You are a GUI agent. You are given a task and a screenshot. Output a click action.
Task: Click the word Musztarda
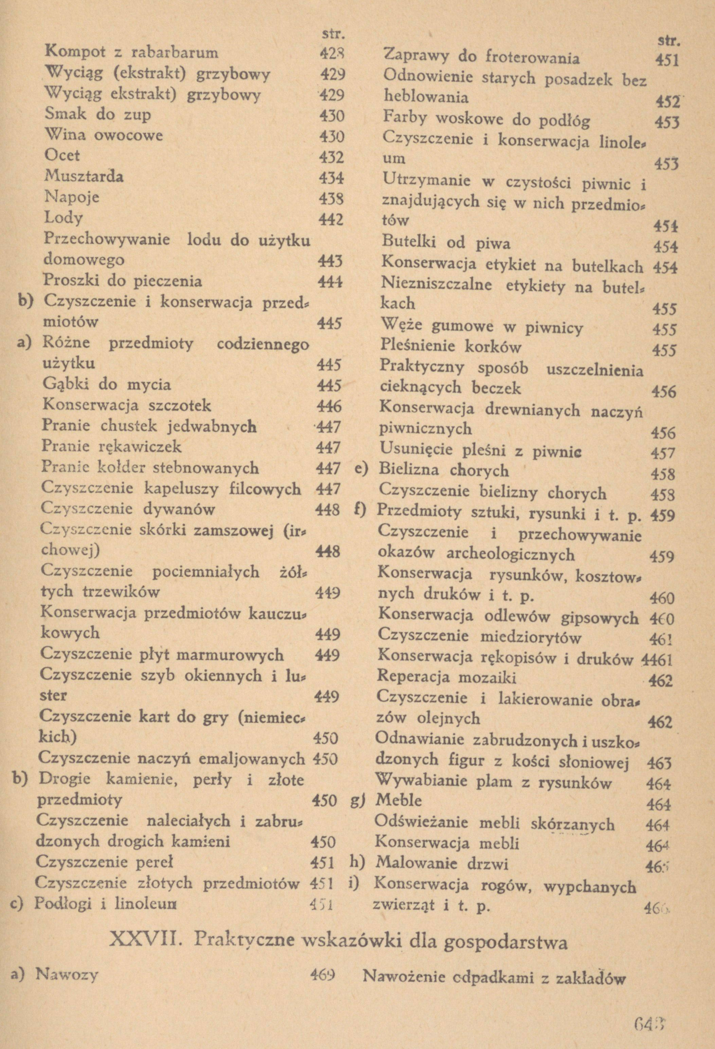(x=84, y=176)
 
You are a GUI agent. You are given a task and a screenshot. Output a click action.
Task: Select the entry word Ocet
(x=62, y=155)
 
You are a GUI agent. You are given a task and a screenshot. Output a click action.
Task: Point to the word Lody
(x=64, y=218)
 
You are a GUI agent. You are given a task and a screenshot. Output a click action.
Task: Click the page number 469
(x=322, y=976)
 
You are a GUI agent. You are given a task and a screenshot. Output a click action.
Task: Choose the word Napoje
(x=72, y=197)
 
